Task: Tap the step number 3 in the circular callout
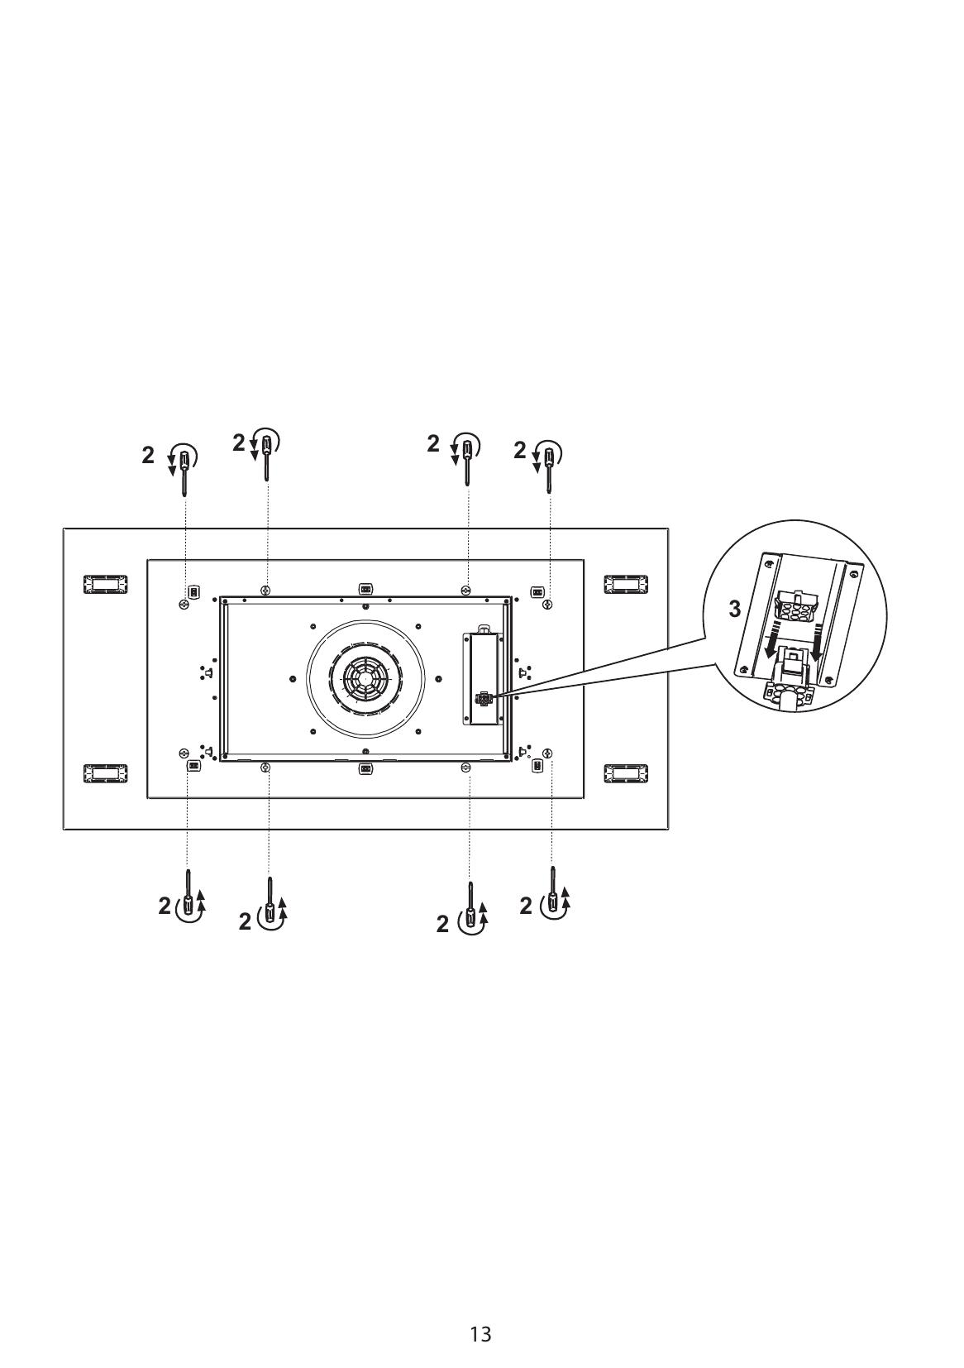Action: click(x=735, y=609)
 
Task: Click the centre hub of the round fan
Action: click(x=365, y=677)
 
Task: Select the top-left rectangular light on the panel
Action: click(x=106, y=584)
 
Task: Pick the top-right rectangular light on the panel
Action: click(x=626, y=584)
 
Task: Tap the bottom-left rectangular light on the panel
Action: click(x=106, y=773)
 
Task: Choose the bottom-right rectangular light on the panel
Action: click(x=626, y=773)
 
